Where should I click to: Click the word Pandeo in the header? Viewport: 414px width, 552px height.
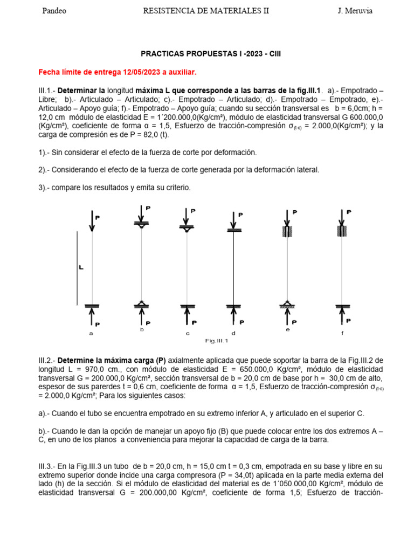tap(54, 11)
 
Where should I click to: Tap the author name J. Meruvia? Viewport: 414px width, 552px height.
tap(351, 11)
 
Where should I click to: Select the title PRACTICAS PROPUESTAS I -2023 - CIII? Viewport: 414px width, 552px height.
tap(211, 54)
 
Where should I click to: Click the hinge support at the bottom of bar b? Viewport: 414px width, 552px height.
tap(142, 305)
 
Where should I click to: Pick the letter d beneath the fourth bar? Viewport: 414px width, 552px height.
tap(233, 333)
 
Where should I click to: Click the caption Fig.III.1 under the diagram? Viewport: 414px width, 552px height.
tap(217, 341)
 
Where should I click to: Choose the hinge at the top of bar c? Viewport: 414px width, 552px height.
tap(187, 229)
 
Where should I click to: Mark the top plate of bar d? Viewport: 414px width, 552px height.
tap(233, 231)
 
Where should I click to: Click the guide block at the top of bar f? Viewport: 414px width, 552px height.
tap(341, 231)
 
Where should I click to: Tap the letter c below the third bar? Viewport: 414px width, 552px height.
tap(188, 333)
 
